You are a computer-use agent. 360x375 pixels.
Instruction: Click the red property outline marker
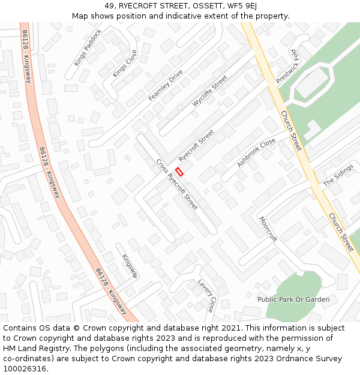(x=179, y=172)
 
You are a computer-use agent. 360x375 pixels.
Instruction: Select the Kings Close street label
(x=125, y=63)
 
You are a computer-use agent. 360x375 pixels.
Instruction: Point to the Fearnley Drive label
(x=166, y=85)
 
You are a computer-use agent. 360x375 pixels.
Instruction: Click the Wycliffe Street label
(x=210, y=91)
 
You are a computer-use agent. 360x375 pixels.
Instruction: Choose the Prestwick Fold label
(x=287, y=67)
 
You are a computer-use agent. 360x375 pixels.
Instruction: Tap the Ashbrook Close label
(x=256, y=152)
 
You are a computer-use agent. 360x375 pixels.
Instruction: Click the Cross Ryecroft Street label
(x=177, y=184)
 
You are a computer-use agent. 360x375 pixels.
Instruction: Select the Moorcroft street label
(x=268, y=229)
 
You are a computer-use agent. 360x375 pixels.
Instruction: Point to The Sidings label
(x=338, y=175)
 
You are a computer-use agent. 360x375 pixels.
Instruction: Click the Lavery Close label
(x=206, y=295)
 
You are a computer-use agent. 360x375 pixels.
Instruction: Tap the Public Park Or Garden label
(x=293, y=299)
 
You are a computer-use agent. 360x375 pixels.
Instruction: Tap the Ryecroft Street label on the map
(x=196, y=145)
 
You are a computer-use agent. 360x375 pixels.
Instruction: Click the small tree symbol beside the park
(x=250, y=295)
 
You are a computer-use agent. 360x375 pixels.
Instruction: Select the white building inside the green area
(x=311, y=83)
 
